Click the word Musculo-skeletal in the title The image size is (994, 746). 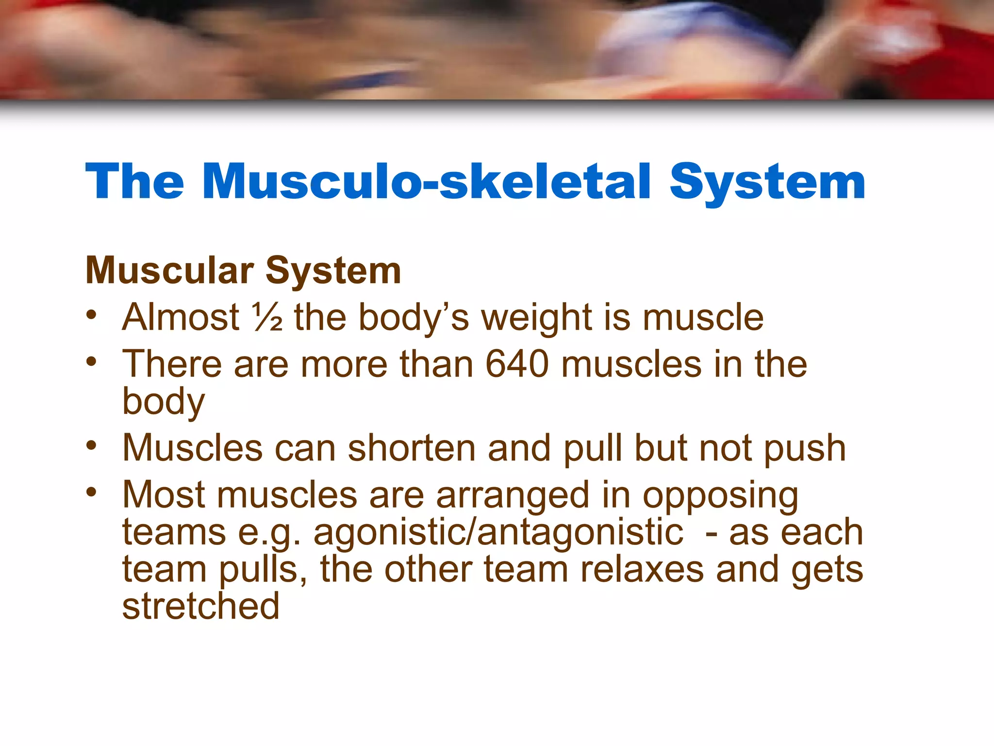[x=427, y=182]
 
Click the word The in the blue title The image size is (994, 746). [x=134, y=182]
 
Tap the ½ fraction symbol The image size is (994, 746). [x=267, y=317]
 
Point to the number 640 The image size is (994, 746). [x=517, y=364]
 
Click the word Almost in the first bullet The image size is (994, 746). [x=181, y=317]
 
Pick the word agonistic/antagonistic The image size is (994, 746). [x=498, y=532]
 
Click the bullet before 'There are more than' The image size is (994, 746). [x=91, y=361]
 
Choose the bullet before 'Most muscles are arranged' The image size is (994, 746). [x=91, y=492]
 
